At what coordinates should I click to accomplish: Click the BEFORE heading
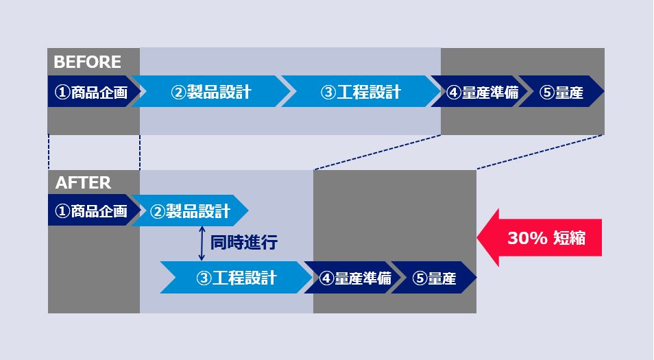(87, 62)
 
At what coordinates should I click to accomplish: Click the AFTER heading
(83, 182)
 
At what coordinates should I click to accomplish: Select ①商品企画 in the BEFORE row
(91, 91)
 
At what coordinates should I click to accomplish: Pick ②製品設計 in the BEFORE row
(210, 91)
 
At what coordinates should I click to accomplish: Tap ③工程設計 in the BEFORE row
(361, 91)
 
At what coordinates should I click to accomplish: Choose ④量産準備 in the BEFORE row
(482, 91)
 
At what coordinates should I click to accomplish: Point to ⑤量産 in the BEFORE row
(561, 91)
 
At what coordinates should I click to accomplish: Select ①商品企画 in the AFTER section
(91, 211)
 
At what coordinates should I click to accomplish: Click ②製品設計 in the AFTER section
(190, 211)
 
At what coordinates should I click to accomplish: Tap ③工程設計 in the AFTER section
(236, 278)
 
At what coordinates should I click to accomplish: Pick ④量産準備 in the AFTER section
(355, 278)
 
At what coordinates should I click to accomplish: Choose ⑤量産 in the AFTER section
(434, 278)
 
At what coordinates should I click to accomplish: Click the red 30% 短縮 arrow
(540, 237)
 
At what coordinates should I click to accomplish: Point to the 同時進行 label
(244, 242)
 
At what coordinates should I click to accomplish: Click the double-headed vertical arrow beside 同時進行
(202, 243)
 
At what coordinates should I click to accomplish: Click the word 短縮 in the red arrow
(569, 238)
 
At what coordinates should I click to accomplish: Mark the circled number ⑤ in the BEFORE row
(546, 92)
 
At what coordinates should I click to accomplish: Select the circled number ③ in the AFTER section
(204, 278)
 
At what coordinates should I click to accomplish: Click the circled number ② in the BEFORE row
(178, 92)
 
